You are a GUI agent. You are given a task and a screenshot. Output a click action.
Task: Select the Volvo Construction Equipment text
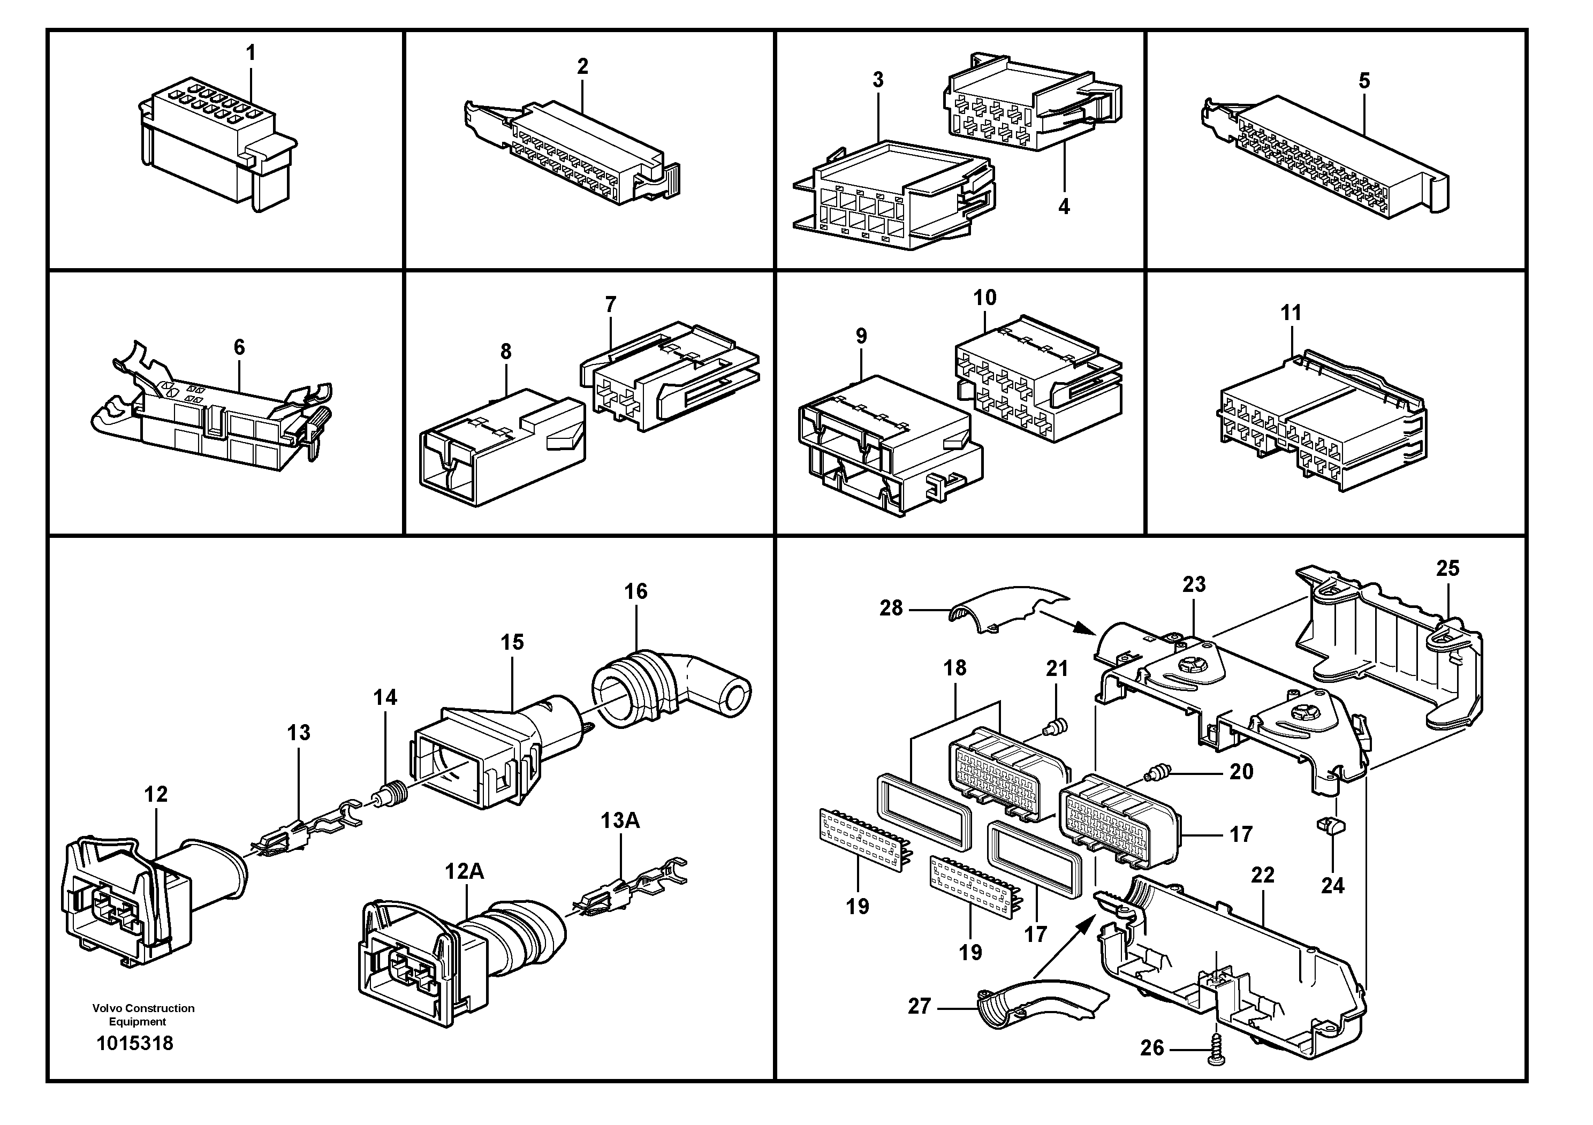pyautogui.click(x=143, y=1015)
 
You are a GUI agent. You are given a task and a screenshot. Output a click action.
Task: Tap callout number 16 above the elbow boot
pyautogui.click(x=635, y=591)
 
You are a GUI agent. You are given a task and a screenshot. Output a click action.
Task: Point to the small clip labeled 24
pyautogui.click(x=1329, y=825)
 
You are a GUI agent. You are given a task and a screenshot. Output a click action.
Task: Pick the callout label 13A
pyautogui.click(x=619, y=820)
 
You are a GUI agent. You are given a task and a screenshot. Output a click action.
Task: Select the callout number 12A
pyautogui.click(x=464, y=871)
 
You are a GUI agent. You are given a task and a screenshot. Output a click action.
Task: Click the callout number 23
pyautogui.click(x=1194, y=584)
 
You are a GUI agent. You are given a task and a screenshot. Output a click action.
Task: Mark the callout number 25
pyautogui.click(x=1447, y=569)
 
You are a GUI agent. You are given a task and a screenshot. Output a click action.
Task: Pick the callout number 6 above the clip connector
pyautogui.click(x=239, y=347)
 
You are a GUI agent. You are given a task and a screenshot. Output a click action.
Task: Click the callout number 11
pyautogui.click(x=1291, y=313)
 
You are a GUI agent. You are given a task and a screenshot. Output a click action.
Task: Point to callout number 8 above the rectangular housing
pyautogui.click(x=506, y=352)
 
